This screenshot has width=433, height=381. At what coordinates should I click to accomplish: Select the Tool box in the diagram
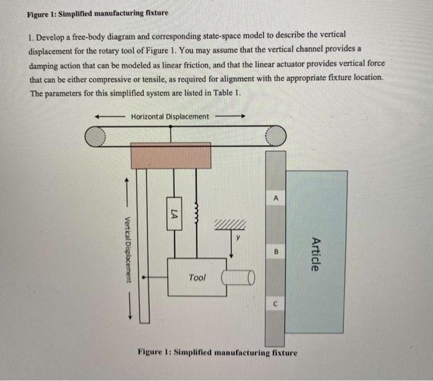tap(196, 278)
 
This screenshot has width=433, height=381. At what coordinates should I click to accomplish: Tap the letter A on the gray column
tap(277, 197)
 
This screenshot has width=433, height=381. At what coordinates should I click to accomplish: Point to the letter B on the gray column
tap(277, 250)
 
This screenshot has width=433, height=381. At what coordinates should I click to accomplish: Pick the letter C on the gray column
tap(277, 304)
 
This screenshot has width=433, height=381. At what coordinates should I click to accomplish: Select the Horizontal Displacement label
tap(170, 116)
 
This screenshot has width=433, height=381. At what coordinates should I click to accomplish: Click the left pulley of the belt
tap(95, 137)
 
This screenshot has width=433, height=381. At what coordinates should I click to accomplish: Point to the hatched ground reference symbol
tap(231, 224)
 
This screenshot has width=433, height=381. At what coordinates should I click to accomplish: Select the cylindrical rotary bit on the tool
tap(238, 279)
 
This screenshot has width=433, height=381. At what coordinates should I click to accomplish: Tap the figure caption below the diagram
tap(217, 353)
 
